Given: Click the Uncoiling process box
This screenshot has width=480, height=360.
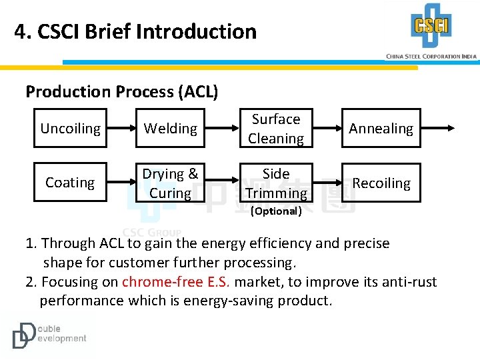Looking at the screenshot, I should (70, 128).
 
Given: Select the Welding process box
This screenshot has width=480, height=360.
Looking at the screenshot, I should (171, 128).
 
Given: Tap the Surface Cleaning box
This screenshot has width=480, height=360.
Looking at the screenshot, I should (276, 128).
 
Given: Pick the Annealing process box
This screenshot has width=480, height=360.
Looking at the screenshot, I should (381, 128).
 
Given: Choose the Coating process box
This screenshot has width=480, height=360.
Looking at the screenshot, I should (70, 183).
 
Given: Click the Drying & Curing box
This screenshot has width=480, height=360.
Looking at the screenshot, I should (171, 183).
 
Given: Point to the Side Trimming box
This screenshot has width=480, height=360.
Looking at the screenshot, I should (276, 183).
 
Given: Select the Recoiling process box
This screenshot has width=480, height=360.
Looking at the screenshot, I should (381, 183).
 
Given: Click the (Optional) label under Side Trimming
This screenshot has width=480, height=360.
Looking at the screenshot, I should (276, 211).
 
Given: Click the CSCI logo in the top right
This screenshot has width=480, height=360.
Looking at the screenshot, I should (431, 26).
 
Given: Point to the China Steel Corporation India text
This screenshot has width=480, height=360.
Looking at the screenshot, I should (431, 57).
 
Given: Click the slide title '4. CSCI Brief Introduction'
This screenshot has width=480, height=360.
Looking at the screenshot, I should (135, 31).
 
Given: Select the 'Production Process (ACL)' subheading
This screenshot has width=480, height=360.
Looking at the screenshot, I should (121, 91).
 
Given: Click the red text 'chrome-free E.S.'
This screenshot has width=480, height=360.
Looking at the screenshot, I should (176, 282).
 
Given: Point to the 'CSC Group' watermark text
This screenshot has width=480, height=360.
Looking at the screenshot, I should (152, 233).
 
